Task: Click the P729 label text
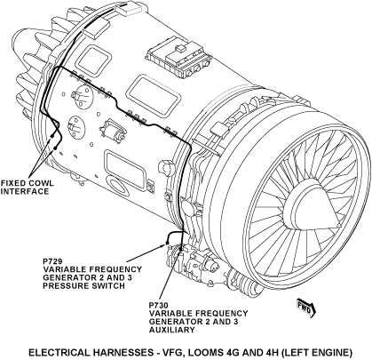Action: (52, 261)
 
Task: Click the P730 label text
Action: (159, 305)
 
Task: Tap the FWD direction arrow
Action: (306, 308)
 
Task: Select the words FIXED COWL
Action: (28, 183)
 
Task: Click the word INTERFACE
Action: (25, 191)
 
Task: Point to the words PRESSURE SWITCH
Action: (83, 286)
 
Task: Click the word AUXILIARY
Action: (172, 330)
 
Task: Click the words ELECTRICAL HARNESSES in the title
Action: (91, 353)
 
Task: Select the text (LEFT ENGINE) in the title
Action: (316, 353)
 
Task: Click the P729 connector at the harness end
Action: (167, 243)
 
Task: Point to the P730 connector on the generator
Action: (180, 252)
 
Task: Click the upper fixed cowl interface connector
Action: (52, 136)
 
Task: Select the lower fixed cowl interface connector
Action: (55, 148)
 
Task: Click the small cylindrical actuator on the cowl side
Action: (113, 130)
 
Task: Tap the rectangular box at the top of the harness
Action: (131, 8)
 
